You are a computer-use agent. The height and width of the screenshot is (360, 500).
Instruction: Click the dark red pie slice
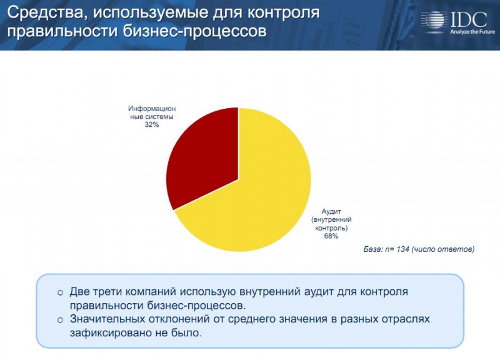pyautogui.click(x=203, y=156)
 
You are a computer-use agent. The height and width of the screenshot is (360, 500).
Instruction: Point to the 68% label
pyautogui.click(x=331, y=236)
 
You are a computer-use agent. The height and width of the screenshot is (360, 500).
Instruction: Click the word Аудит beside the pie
pyautogui.click(x=331, y=212)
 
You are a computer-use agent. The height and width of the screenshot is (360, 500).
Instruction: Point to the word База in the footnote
pyautogui.click(x=374, y=249)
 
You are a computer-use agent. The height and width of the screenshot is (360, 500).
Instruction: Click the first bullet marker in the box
pyautogui.click(x=60, y=292)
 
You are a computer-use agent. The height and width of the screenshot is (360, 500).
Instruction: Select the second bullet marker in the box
pyautogui.click(x=60, y=320)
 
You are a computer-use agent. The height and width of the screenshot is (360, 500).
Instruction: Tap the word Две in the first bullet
pyautogui.click(x=82, y=292)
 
